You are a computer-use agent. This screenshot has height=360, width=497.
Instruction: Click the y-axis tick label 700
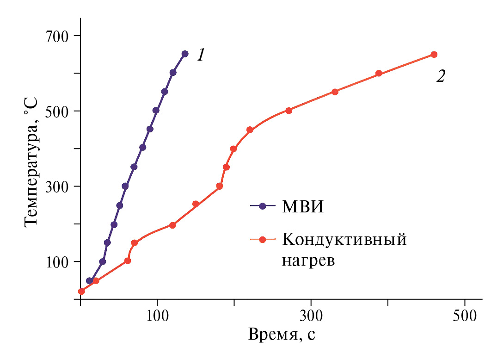point(57,36)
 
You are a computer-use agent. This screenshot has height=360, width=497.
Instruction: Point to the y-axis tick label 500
point(57,111)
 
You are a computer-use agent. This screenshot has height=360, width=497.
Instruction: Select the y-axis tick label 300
point(57,186)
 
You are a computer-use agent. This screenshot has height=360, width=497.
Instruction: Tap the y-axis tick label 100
point(57,262)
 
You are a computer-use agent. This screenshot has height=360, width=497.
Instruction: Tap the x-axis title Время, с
point(282,334)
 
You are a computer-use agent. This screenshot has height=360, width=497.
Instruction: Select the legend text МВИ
point(303,206)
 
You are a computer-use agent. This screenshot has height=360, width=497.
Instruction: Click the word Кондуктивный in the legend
point(344,240)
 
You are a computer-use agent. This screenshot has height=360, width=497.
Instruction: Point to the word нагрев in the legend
point(308,261)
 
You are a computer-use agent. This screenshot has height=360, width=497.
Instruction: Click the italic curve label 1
point(201,56)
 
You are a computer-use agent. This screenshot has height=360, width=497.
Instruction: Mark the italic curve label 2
point(441,76)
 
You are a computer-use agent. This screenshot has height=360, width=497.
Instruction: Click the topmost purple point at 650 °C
point(185,54)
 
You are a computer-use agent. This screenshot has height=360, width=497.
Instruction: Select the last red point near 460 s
point(434,55)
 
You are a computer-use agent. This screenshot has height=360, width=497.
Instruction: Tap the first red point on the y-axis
point(81,291)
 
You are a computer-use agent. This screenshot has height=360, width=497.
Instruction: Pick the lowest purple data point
point(90,281)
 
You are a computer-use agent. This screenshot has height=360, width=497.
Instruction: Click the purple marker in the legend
point(263,206)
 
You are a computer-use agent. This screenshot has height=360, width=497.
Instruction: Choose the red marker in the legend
point(263,240)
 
